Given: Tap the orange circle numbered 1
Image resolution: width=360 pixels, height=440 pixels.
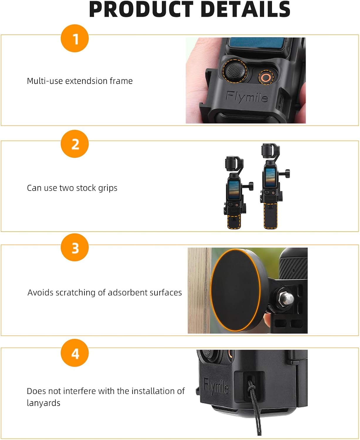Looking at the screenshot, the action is tap(75, 38).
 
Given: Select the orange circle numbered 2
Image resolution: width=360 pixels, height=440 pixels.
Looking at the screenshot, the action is tap(75, 144).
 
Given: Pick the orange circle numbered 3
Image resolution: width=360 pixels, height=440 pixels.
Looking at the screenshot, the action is tap(75, 248).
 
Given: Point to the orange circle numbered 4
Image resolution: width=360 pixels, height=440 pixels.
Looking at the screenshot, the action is tap(75, 353).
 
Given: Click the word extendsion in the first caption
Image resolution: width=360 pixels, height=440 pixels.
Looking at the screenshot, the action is tap(86, 81).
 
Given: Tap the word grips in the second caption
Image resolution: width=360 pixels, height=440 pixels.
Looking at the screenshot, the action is tap(108, 188).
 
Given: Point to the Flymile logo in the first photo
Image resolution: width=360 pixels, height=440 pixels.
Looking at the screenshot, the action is tap(247, 97).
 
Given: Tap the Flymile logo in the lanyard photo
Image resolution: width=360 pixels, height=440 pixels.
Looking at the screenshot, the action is tap(216, 386).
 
